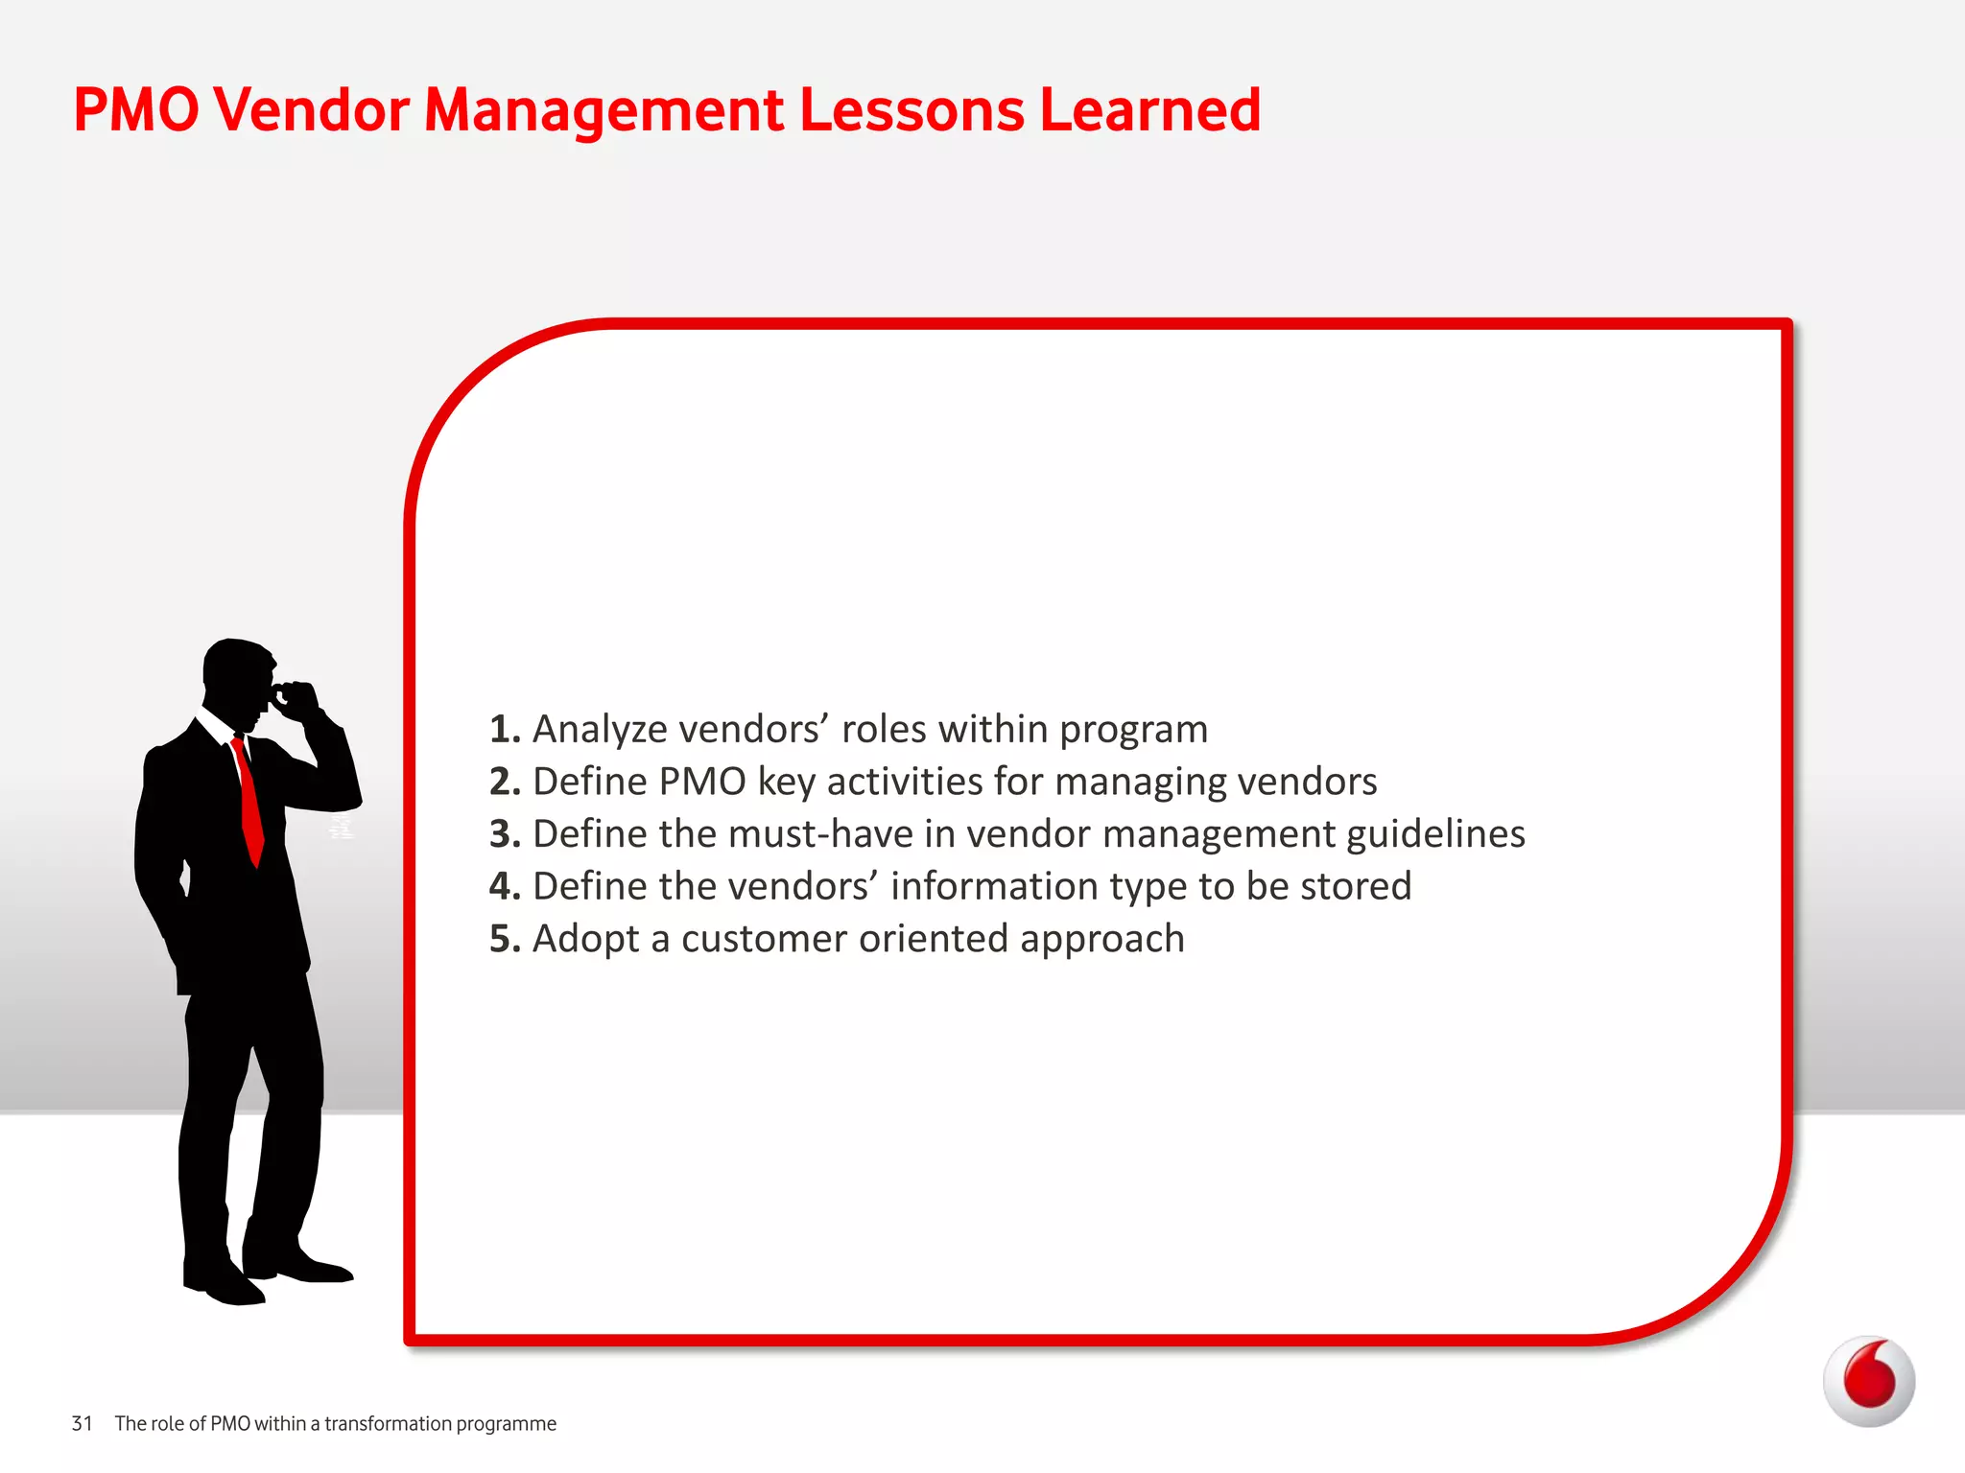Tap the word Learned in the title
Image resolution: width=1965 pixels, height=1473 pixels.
point(1149,109)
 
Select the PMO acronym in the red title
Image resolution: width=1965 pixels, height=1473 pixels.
point(135,109)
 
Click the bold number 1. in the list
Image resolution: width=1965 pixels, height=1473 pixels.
point(505,730)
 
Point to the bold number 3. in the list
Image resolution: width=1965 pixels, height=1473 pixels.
point(505,834)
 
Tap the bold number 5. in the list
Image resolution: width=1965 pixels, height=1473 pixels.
point(505,939)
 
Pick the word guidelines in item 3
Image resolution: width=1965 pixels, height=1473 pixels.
point(1435,834)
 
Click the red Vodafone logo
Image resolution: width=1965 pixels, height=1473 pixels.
point(1868,1381)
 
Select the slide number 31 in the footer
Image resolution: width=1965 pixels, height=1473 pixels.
point(83,1423)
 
